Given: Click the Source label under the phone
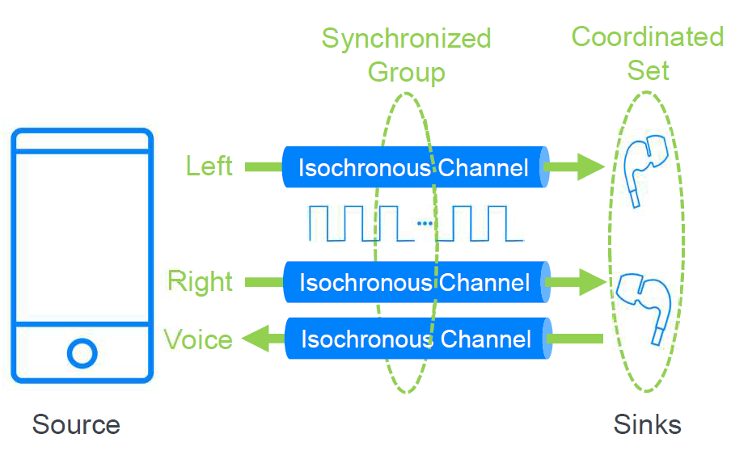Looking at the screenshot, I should pos(76,424).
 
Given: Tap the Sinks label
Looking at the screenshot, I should pos(647,424).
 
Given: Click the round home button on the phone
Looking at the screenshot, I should pos(82,352).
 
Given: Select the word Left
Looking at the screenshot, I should pos(209,166).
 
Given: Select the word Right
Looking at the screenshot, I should pos(200,281).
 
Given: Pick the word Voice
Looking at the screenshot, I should pos(198,339).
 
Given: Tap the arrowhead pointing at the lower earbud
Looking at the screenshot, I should pos(594,282).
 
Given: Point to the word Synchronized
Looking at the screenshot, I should pos(406,39).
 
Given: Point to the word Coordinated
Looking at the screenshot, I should pos(647,36).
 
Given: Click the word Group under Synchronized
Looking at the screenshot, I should pos(406,73).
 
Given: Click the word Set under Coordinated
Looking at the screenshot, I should pos(648,71).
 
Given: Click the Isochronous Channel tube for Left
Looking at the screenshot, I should pos(415,167).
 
